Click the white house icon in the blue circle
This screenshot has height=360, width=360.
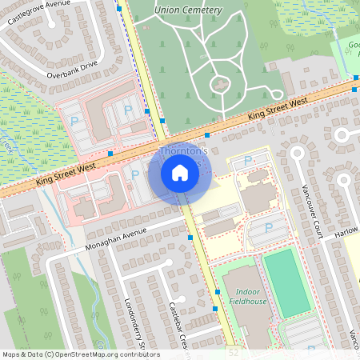click(x=180, y=172)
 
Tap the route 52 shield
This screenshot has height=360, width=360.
click(x=233, y=352)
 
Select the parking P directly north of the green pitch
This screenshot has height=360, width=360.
click(x=269, y=229)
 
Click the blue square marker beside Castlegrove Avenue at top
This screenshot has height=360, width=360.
click(x=119, y=8)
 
